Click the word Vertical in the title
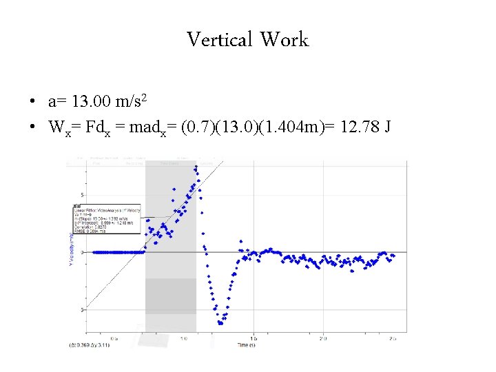pyautogui.click(x=220, y=39)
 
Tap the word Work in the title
pyautogui.click(x=285, y=39)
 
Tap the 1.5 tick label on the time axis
pyautogui.click(x=254, y=339)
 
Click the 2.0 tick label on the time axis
pyautogui.click(x=322, y=339)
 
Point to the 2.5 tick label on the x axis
pyautogui.click(x=391, y=339)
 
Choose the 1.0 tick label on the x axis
pyautogui.click(x=185, y=339)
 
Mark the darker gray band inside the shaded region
pyautogui.click(x=170, y=296)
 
